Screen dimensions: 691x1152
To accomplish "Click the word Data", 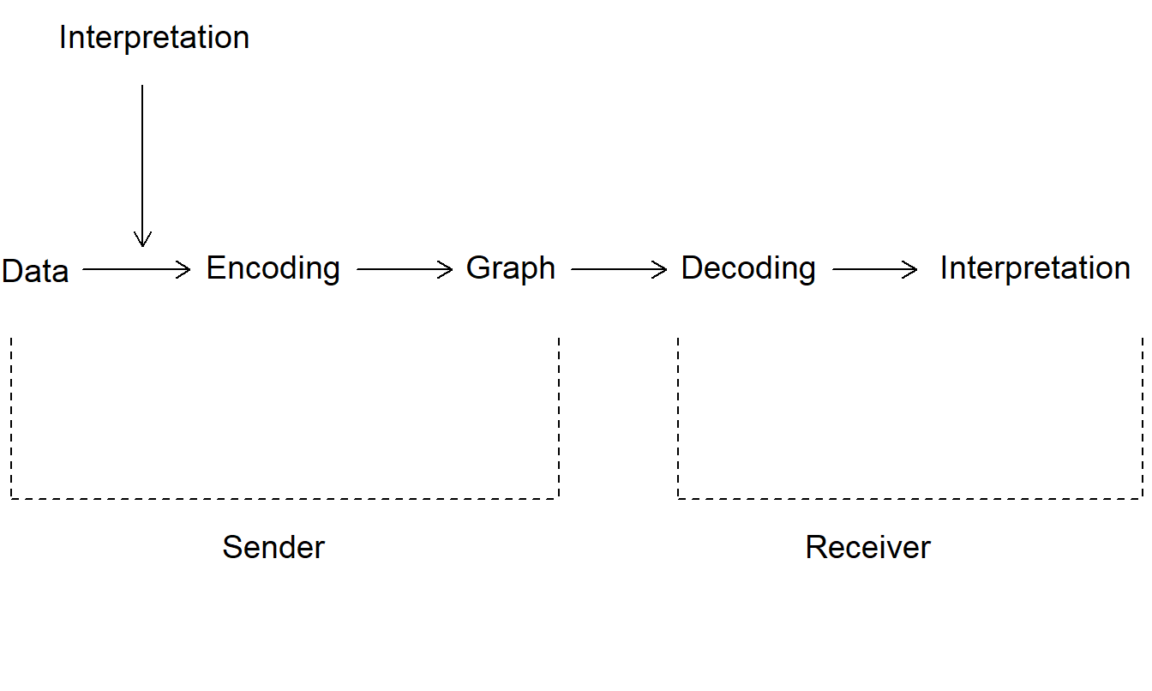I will pos(35,271).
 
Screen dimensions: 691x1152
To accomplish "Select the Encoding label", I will pos(273,268).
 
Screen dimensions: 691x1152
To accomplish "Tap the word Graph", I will pos(510,268).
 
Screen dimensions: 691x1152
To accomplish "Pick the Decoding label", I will pos(747,268).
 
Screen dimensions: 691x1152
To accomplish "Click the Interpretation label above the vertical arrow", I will pos(154,38).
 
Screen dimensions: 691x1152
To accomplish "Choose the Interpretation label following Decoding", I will pos(1035,268).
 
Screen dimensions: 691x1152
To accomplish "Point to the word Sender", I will pos(273,547).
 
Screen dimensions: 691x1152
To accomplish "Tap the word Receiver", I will pos(867,547).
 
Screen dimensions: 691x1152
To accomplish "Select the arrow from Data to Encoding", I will pos(136,269).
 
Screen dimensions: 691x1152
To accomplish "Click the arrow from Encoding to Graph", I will pos(404,269).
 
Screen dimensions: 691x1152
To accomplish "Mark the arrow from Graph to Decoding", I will pos(619,269).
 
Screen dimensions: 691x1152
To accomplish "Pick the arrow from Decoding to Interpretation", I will pos(875,269).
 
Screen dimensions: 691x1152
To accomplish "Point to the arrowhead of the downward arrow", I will pos(142,239).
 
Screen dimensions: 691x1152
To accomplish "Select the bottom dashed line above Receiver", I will pos(909,498).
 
